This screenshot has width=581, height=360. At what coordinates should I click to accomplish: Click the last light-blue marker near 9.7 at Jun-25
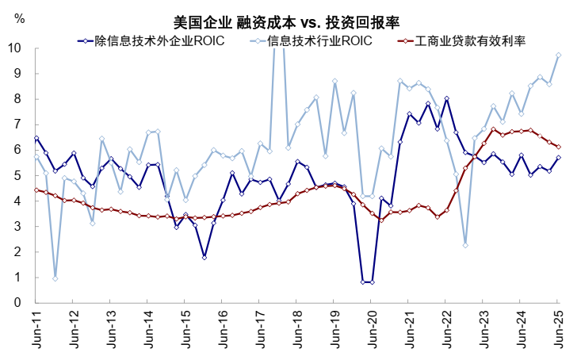pyautogui.click(x=559, y=56)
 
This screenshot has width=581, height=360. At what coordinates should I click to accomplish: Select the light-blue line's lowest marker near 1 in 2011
pyautogui.click(x=55, y=278)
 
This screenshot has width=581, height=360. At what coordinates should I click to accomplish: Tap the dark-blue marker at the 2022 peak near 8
pyautogui.click(x=447, y=98)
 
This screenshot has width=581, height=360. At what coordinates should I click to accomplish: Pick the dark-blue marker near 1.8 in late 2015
pyautogui.click(x=204, y=257)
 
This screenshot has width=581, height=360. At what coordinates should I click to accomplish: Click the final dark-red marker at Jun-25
pyautogui.click(x=559, y=147)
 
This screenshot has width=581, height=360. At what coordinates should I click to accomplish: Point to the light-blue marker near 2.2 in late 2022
pyautogui.click(x=465, y=245)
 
